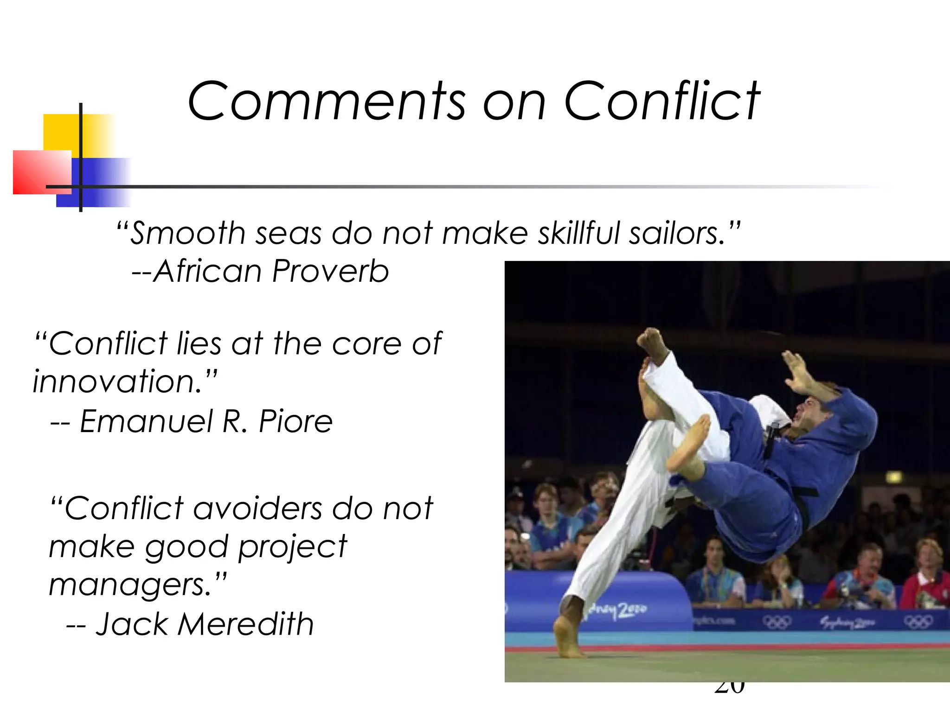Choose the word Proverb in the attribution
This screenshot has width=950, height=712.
[330, 271]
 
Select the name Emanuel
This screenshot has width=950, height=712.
[146, 421]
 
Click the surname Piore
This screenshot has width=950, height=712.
[295, 421]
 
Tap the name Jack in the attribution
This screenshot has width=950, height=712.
[132, 624]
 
